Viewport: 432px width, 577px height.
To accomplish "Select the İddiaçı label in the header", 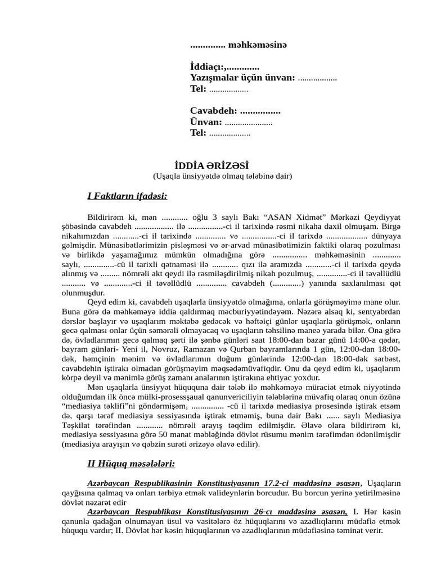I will [x=206, y=66].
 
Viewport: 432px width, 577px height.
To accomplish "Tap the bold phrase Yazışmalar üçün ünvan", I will [x=242, y=77].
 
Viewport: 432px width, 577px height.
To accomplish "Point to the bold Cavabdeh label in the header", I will [x=213, y=111].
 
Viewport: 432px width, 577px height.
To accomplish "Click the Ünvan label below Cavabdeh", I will [x=206, y=122].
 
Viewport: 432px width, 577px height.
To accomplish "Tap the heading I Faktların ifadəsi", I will [x=127, y=196].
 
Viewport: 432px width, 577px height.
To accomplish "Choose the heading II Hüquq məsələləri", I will [x=131, y=464].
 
